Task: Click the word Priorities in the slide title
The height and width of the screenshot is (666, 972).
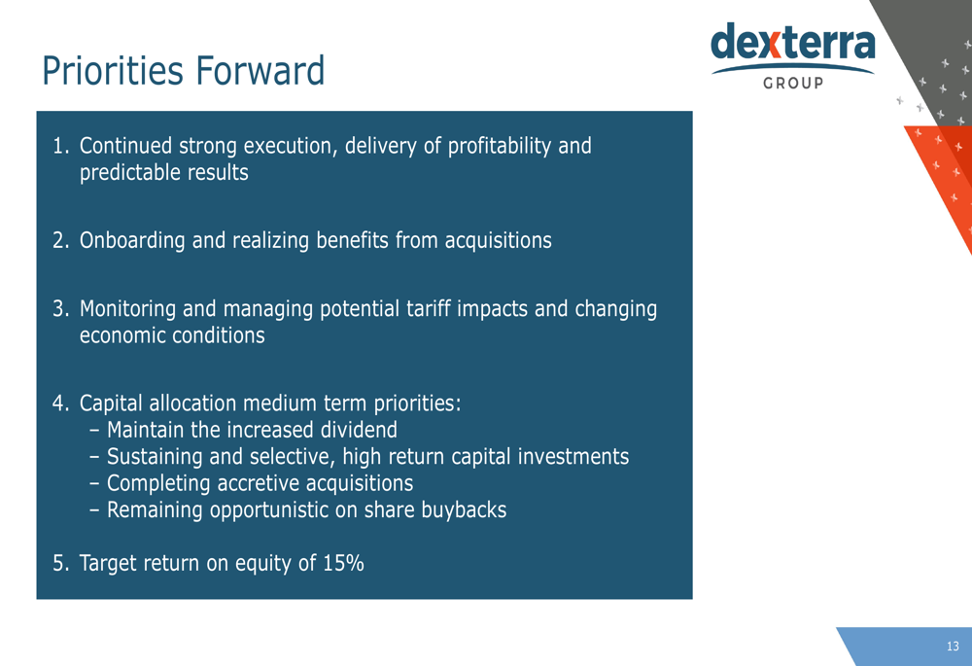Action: [x=113, y=70]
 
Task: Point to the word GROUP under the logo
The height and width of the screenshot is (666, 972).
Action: [x=793, y=83]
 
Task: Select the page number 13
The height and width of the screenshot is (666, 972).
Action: [x=953, y=647]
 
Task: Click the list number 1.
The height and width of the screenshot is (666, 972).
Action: [x=60, y=146]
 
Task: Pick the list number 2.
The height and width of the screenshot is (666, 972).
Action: [x=60, y=240]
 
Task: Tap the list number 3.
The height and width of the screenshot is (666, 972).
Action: [x=60, y=309]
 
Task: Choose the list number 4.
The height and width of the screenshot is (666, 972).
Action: [x=60, y=403]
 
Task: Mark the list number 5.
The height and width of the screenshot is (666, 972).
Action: [x=60, y=564]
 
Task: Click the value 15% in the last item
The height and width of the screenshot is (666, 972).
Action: [x=343, y=563]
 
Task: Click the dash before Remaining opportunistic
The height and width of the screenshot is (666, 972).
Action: [x=94, y=510]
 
